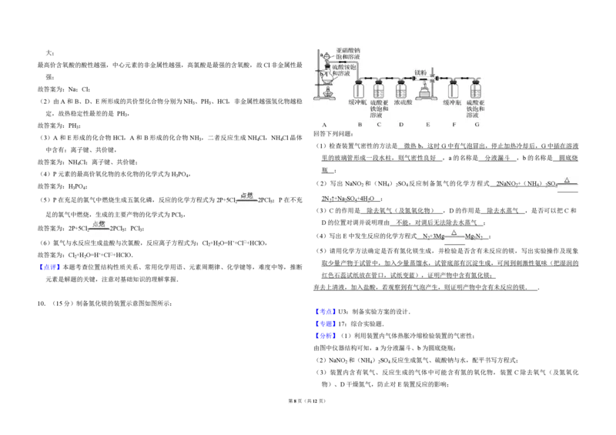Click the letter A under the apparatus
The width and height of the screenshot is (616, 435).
click(325, 124)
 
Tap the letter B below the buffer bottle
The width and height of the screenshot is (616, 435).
click(360, 124)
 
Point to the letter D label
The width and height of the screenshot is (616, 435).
click(401, 124)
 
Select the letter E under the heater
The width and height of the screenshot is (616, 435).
click(428, 124)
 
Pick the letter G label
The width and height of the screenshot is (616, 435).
click(477, 124)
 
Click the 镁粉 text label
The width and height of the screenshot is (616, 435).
click(421, 72)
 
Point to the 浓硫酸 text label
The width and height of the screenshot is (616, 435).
click(403, 102)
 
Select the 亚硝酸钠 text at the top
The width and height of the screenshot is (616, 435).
click(349, 50)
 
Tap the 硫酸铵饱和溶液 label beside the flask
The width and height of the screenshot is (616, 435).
click(349, 70)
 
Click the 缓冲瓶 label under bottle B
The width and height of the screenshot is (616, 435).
click(358, 102)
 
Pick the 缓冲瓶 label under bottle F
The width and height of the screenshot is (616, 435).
click(453, 102)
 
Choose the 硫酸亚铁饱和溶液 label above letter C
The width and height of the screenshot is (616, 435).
click(380, 108)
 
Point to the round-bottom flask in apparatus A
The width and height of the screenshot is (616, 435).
click(327, 77)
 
